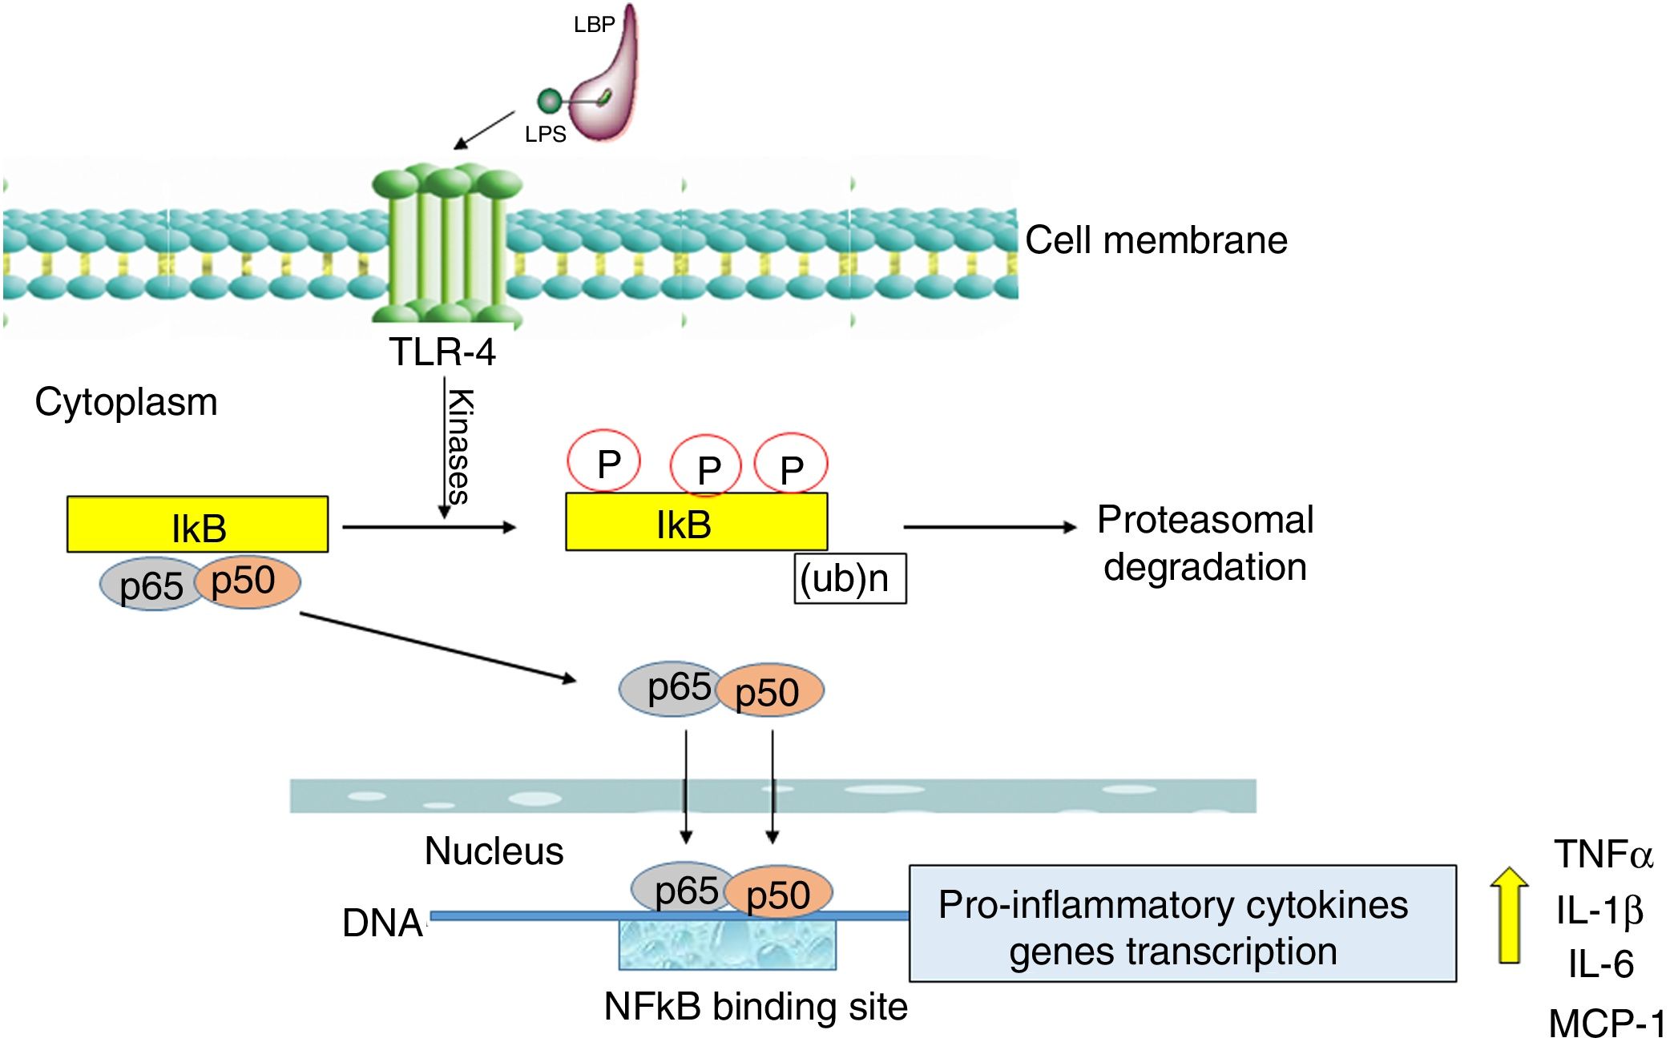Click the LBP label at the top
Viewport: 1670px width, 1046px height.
point(594,25)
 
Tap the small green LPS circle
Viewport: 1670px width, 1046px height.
point(549,101)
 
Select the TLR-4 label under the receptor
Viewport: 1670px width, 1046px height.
point(442,352)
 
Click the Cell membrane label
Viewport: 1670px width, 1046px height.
point(1156,240)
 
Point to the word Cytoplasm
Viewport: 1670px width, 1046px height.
point(126,402)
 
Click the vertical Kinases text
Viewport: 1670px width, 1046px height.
point(459,446)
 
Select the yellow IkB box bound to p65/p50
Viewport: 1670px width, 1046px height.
point(198,525)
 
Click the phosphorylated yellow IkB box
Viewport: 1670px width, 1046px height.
point(696,522)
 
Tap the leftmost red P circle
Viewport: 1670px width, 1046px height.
point(604,461)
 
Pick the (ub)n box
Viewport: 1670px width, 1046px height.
point(849,578)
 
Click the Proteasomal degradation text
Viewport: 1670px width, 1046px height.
point(1204,543)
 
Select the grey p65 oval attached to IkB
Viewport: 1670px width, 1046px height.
point(150,585)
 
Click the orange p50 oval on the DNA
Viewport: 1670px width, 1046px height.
point(779,892)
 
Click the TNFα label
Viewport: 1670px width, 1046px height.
point(1603,855)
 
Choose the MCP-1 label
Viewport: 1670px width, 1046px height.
point(1606,1024)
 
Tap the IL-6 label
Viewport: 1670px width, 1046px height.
point(1600,964)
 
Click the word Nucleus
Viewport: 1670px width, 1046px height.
point(494,851)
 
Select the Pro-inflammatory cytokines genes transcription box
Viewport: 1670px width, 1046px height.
point(1182,923)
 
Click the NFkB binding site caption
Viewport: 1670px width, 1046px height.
point(755,1007)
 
